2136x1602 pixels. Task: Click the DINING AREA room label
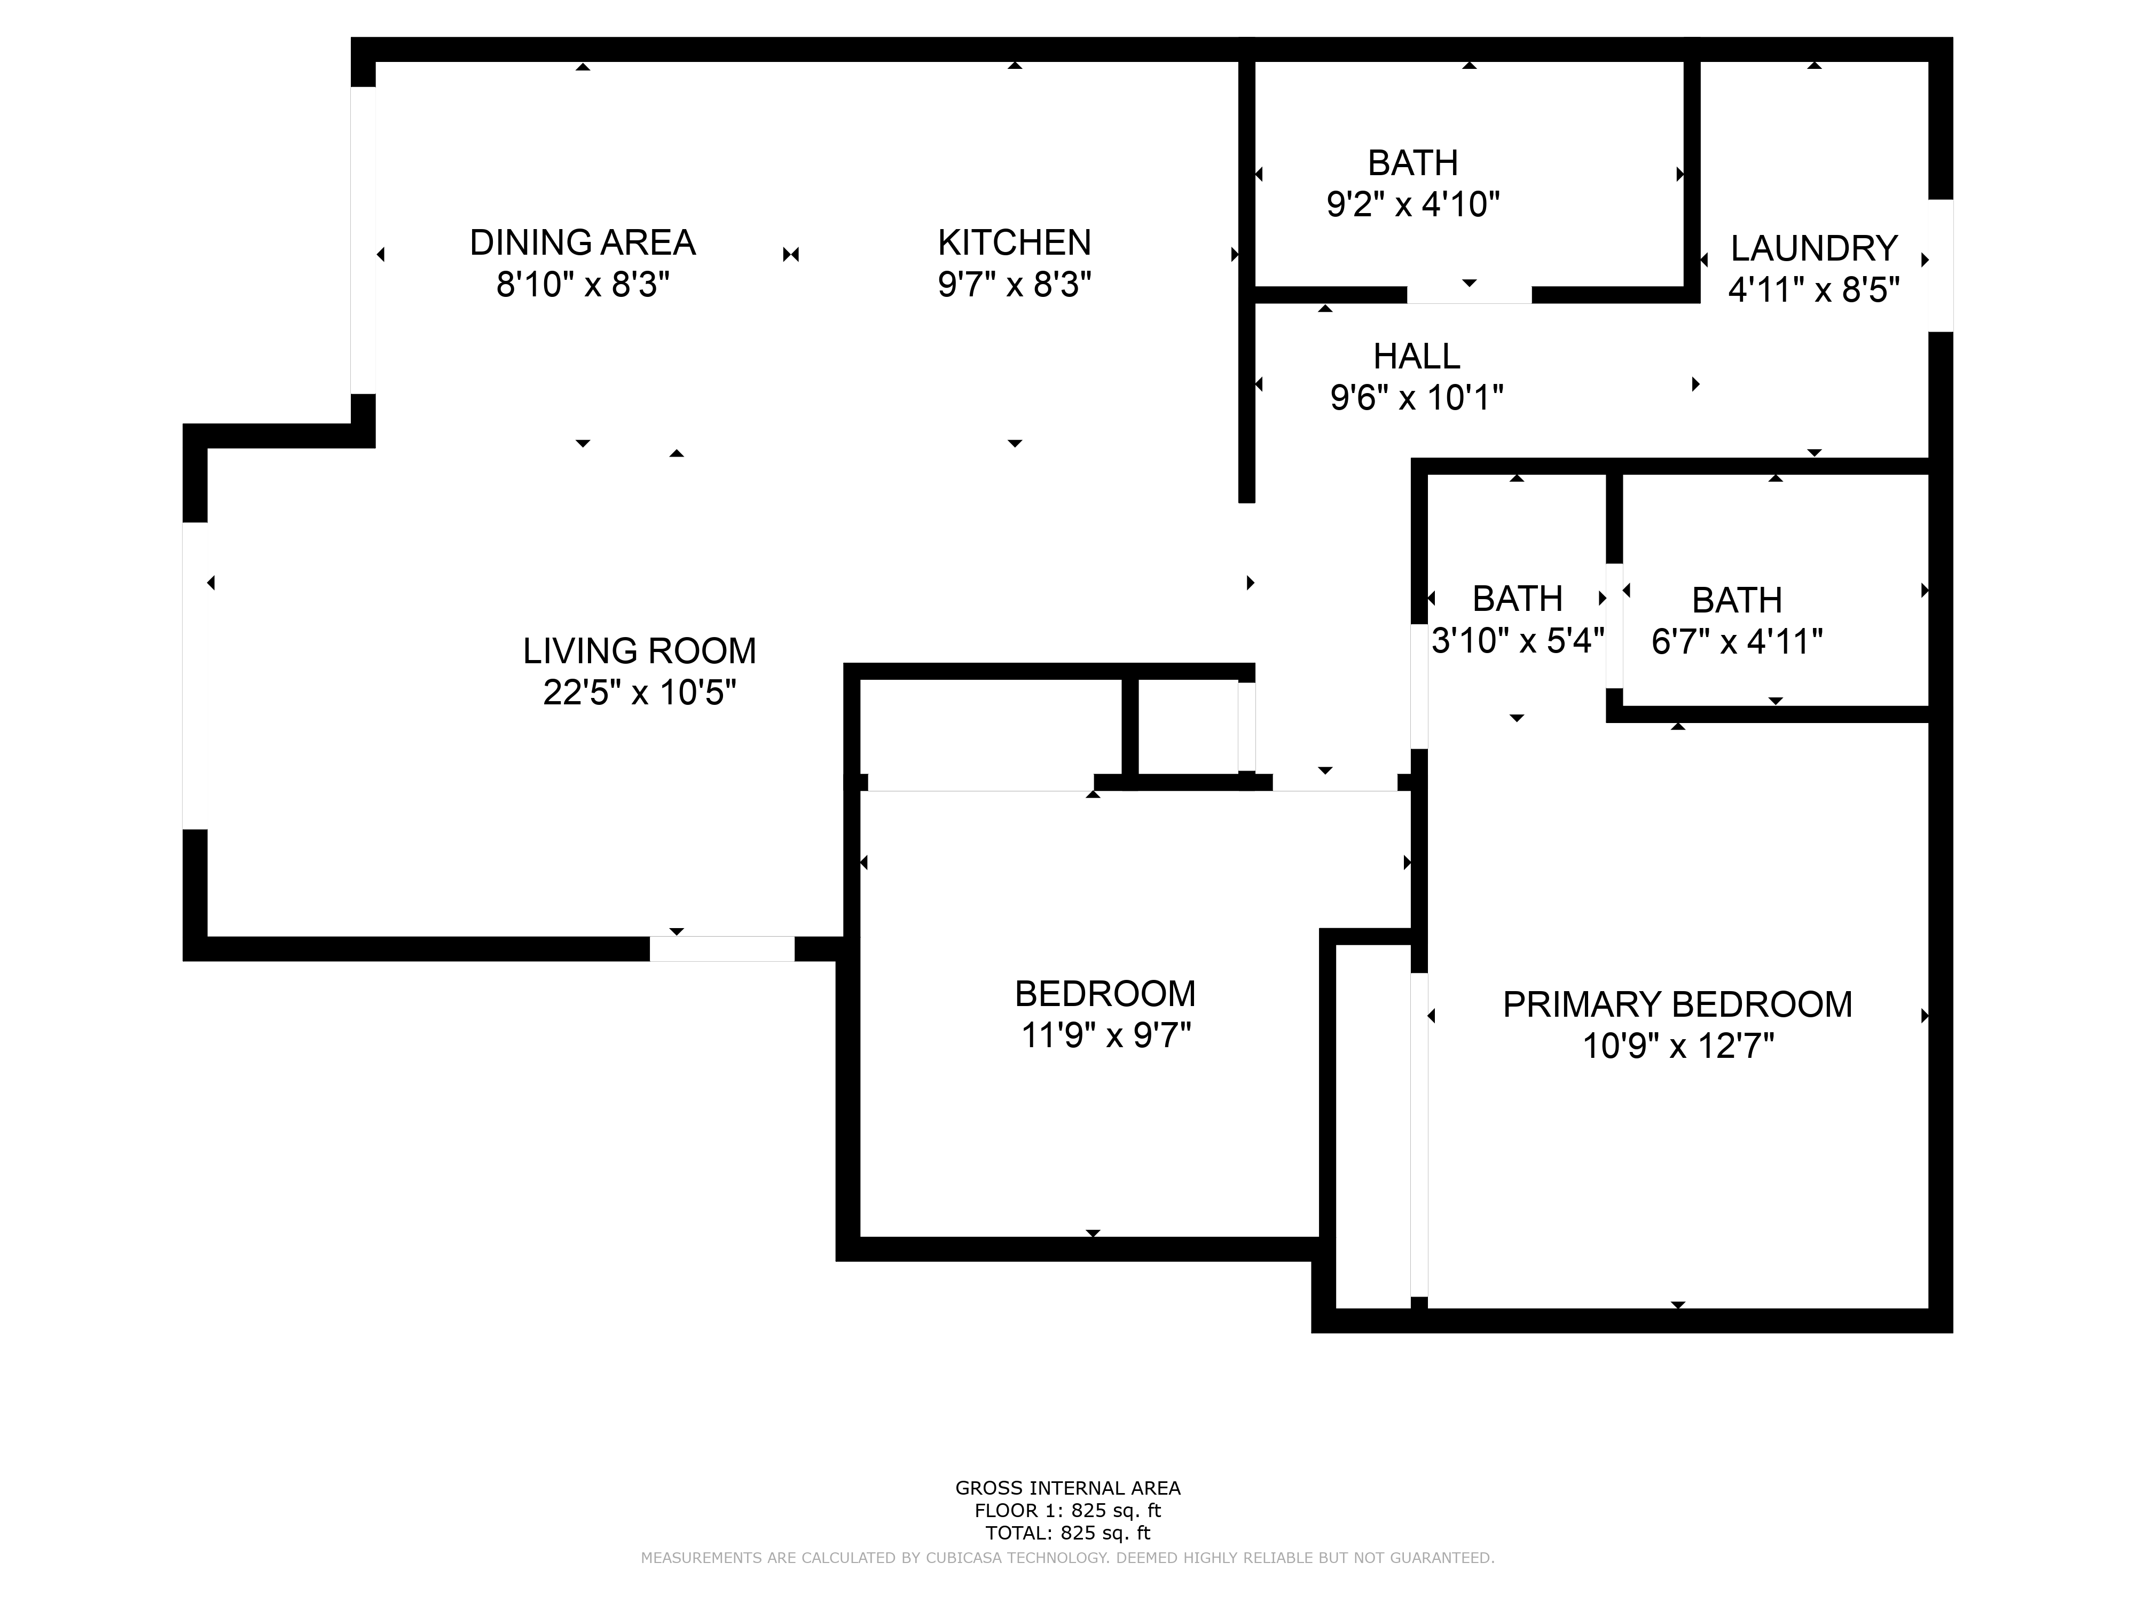point(582,242)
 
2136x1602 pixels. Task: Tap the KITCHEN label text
point(1014,242)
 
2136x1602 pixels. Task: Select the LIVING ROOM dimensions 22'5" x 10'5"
point(639,693)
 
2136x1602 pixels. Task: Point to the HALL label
point(1417,356)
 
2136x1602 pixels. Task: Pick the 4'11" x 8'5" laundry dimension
point(1813,289)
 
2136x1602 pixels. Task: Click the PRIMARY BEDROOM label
point(1677,1004)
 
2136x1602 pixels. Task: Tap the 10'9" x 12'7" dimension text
point(1677,1046)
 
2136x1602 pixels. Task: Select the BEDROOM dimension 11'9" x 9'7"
point(1106,1035)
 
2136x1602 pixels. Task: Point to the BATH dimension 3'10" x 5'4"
point(1517,640)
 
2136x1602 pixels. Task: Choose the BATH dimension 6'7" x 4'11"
point(1736,641)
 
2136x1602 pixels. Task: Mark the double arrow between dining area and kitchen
point(791,255)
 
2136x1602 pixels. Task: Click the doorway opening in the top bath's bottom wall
point(1468,295)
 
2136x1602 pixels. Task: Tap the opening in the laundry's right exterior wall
point(1941,265)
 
